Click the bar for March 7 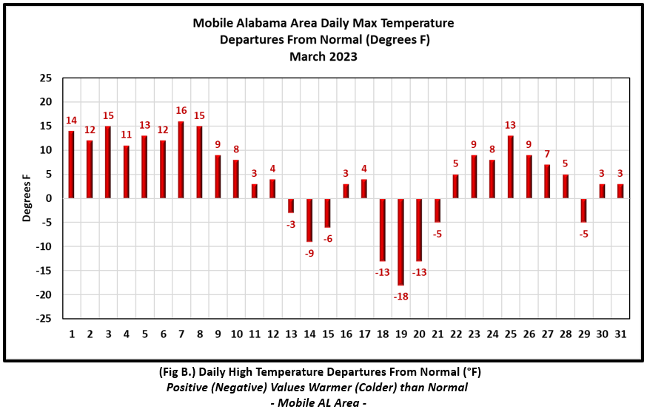181,160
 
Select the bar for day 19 401,241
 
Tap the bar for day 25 511,167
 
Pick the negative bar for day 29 584,210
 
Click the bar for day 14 309,220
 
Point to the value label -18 401,296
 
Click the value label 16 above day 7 181,111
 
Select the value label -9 309,253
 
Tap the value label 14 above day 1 72,121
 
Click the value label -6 327,238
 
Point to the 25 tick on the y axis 46,78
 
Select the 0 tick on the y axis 49,198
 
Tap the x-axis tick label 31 620,334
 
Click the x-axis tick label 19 401,334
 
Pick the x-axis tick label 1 72,334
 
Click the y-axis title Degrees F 27,197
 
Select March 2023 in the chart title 323,56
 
